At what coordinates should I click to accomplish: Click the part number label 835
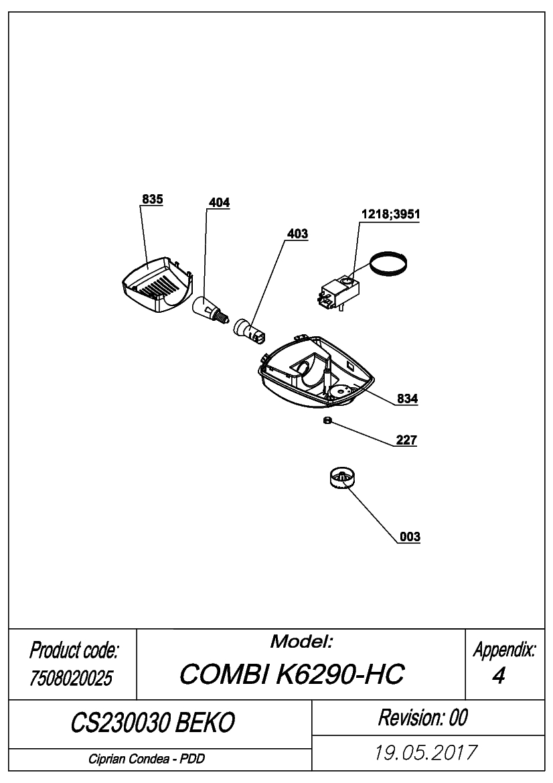click(x=152, y=199)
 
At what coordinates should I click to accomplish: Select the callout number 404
click(x=219, y=202)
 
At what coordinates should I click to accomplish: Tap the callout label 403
click(x=297, y=234)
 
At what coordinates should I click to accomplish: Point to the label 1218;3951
click(x=391, y=214)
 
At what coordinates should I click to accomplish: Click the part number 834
click(x=407, y=399)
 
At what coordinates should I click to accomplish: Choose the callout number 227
click(x=406, y=440)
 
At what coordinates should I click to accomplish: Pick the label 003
click(x=410, y=537)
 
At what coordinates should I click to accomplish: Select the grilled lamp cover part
click(x=157, y=285)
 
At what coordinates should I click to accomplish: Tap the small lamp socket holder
click(x=250, y=330)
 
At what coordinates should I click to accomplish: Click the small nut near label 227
click(x=327, y=421)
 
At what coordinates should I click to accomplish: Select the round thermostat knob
click(x=343, y=478)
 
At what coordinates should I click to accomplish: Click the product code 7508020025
click(x=72, y=678)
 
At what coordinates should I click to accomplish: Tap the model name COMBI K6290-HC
click(x=292, y=674)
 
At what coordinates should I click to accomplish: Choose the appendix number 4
click(x=498, y=676)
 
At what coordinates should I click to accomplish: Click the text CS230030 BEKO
click(x=153, y=722)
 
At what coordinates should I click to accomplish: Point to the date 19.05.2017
click(x=426, y=753)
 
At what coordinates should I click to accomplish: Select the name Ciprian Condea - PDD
click(x=147, y=759)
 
